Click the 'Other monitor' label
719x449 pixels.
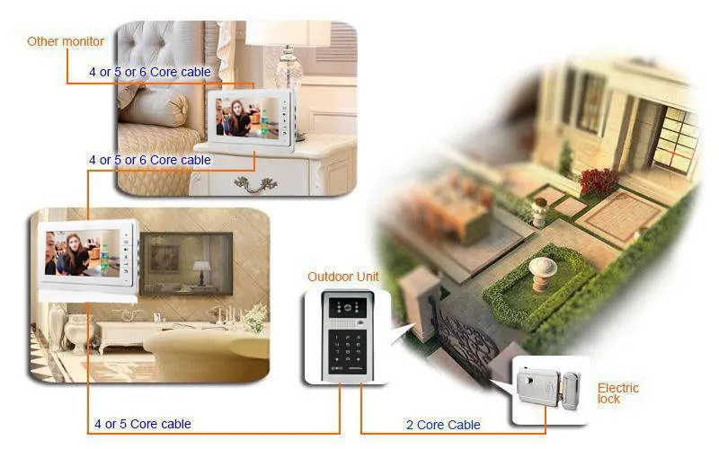pyautogui.click(x=66, y=41)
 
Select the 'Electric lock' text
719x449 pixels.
pyautogui.click(x=617, y=393)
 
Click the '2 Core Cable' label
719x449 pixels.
pyautogui.click(x=444, y=425)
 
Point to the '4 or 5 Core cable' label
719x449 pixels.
pyautogui.click(x=143, y=424)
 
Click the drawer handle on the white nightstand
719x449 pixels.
pyautogui.click(x=256, y=184)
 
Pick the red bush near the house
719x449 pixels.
pyautogui.click(x=599, y=181)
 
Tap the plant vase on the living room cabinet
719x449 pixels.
pyautogui.click(x=255, y=317)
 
